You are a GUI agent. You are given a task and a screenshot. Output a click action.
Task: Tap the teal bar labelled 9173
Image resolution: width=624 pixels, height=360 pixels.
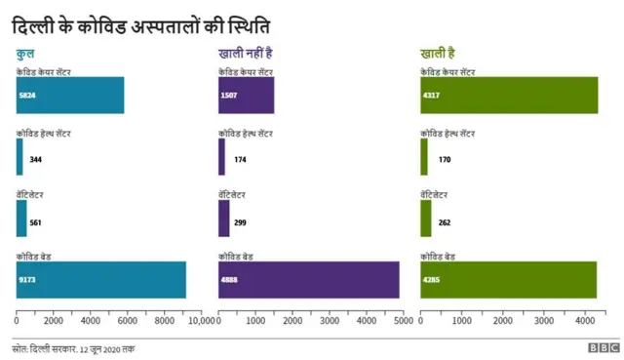click(100, 280)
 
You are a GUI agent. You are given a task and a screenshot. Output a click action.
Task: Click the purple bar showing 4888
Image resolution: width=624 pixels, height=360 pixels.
click(308, 280)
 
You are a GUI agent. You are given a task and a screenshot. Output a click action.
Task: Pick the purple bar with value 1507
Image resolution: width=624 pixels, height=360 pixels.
click(246, 96)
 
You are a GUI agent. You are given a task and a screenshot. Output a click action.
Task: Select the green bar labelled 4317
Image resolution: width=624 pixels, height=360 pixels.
click(508, 96)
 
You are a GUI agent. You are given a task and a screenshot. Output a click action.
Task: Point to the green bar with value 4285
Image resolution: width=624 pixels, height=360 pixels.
click(507, 280)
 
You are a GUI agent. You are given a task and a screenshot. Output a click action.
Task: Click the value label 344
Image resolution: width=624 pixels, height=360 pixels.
click(36, 158)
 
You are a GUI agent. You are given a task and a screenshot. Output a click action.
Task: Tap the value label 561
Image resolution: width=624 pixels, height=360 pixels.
click(36, 222)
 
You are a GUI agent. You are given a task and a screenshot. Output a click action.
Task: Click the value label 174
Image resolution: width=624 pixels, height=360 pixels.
click(240, 158)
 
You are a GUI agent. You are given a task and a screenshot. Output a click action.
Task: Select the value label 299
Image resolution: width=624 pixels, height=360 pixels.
click(240, 222)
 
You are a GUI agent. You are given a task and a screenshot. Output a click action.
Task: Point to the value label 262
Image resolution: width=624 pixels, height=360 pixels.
click(445, 222)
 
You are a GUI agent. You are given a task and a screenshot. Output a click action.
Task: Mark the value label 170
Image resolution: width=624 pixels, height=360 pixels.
click(445, 158)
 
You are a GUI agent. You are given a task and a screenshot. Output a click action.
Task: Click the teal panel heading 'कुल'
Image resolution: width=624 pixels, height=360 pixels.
click(25, 54)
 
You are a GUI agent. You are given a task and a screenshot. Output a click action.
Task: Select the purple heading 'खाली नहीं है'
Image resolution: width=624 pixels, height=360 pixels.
click(245, 54)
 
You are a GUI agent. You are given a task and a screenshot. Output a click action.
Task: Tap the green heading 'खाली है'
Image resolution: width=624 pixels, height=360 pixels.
click(438, 54)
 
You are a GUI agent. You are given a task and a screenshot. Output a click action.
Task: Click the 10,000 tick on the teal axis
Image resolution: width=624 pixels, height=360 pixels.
click(200, 320)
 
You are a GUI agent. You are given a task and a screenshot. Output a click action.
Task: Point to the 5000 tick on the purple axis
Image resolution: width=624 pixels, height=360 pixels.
click(402, 320)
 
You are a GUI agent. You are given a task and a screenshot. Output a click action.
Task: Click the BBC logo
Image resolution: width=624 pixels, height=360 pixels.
click(603, 347)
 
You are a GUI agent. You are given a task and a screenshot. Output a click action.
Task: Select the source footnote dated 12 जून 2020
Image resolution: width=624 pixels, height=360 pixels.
click(73, 348)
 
